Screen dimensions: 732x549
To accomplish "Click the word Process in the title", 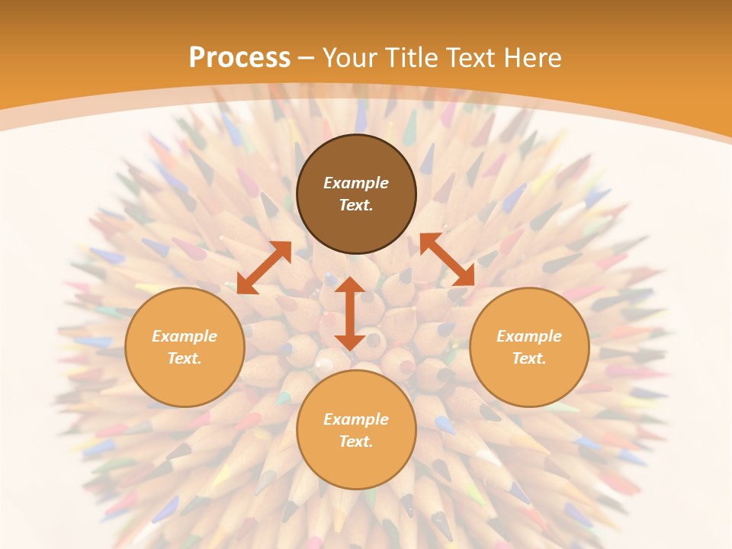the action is pos(239,57).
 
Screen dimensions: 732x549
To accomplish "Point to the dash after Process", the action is pos(307,59).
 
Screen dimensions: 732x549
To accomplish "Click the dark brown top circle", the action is pos(356,194).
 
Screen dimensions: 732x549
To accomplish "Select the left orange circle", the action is pos(185,348).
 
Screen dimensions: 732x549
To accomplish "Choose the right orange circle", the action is pos(529,348).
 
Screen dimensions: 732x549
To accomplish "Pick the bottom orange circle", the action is pos(356,430).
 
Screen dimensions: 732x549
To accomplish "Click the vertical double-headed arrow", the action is pos(350,313).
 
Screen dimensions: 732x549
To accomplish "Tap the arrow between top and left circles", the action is pos(265,268).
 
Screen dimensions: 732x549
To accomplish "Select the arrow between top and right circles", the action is pos(448,259).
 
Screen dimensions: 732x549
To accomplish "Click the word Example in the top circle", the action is pos(356,182).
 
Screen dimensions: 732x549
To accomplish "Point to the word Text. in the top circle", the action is pos(356,205).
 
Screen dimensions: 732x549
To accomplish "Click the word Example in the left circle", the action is pos(185,336).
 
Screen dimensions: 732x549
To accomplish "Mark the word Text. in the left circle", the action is pos(185,358).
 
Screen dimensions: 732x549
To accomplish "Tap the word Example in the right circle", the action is pos(529,336).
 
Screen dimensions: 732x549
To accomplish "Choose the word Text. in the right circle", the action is pos(529,358).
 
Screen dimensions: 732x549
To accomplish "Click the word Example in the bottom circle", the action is pos(356,419).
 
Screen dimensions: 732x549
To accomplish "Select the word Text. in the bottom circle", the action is pos(356,441).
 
